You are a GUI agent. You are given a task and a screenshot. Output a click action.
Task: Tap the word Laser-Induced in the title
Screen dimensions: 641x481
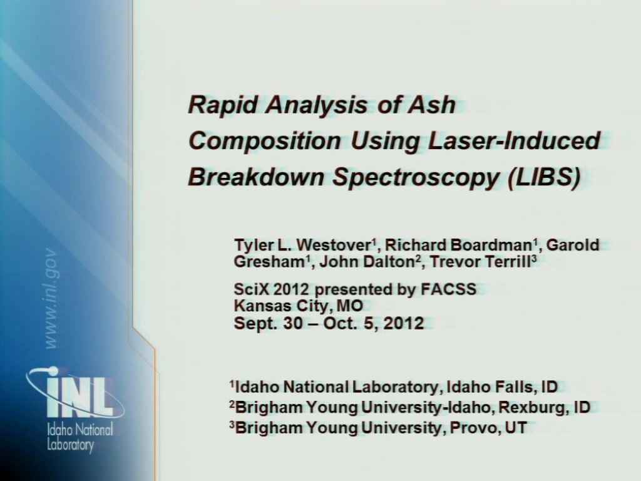[513, 140]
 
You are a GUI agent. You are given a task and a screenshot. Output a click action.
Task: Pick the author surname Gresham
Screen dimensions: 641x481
[269, 261]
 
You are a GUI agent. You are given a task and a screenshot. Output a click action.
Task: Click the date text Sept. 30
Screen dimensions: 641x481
[268, 323]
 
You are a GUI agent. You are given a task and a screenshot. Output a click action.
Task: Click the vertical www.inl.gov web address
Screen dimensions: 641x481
[51, 298]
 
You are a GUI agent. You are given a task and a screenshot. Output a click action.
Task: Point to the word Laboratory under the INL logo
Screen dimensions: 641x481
[70, 445]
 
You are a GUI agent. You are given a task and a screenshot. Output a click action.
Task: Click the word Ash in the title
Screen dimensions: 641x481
[431, 105]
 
